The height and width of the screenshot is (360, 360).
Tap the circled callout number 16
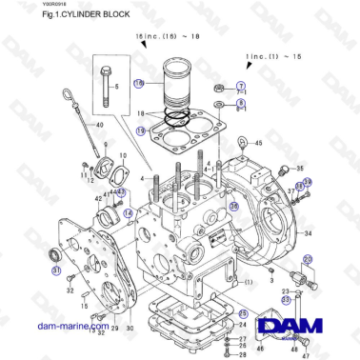point(139,84)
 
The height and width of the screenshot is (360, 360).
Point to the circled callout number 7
point(240,87)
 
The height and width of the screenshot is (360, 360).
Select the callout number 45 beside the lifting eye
point(255,144)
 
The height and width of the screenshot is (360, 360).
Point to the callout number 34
point(308,230)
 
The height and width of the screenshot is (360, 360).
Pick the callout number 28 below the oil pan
point(243,352)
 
